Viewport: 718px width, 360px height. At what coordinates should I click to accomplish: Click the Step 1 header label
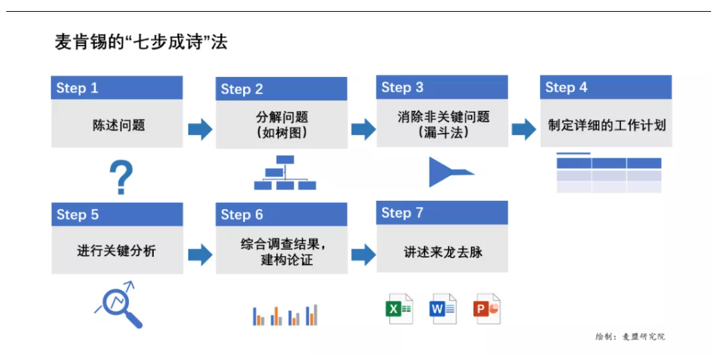coord(77,88)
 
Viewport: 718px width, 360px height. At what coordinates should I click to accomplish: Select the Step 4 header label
coord(566,87)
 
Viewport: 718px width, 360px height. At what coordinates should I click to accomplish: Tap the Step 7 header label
coord(402,213)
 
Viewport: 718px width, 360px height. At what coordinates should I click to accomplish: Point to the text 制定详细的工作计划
coord(607,125)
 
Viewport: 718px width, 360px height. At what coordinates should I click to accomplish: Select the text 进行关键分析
coord(116,251)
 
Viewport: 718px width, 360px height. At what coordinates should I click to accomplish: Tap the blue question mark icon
coord(120,177)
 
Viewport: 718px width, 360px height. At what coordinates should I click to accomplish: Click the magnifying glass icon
coord(119,304)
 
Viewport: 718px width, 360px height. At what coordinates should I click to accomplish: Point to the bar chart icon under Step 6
coord(285,315)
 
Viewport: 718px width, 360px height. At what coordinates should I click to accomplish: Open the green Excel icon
coord(399,309)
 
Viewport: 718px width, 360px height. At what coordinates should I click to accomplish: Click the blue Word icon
coord(443,309)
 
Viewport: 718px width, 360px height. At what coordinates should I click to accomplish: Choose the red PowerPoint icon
coord(487,309)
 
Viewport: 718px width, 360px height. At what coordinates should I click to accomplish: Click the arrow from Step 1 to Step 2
coord(200,129)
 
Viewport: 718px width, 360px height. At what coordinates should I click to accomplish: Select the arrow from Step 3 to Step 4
coord(523,129)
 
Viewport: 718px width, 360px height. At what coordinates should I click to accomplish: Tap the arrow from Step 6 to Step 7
coord(363,254)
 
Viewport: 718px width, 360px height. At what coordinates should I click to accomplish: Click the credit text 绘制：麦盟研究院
coord(629,336)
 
